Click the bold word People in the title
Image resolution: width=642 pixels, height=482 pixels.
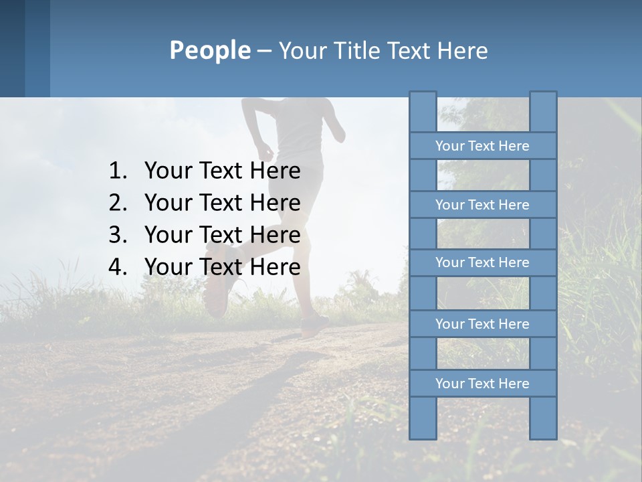tap(209, 50)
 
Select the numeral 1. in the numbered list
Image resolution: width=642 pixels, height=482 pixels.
tap(118, 171)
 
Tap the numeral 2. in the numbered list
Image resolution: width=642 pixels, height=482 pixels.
tap(118, 203)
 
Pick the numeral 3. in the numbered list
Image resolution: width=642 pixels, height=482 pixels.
tap(118, 235)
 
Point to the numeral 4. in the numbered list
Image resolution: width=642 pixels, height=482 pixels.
tap(118, 267)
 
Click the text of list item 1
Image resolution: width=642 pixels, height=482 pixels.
tap(222, 171)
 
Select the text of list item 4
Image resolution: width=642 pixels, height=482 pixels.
tap(222, 267)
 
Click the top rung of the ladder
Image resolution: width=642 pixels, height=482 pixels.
tap(482, 146)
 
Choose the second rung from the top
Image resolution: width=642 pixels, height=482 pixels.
tap(482, 205)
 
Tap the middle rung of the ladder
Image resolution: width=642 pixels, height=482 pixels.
tap(482, 263)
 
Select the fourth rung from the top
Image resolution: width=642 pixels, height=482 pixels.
tap(482, 324)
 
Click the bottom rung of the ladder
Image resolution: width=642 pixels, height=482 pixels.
tap(482, 384)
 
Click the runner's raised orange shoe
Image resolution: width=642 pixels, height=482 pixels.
tap(217, 295)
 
